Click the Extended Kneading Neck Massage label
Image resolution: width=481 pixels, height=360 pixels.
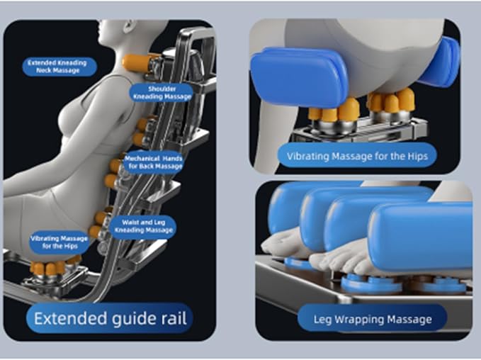point(60,67)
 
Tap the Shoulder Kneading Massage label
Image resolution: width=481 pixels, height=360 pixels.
point(162,93)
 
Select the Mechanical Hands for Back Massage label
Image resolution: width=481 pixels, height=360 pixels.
point(154,162)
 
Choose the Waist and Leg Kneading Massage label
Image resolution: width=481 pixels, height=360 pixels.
point(143,226)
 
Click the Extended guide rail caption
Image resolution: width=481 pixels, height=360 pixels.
point(110,318)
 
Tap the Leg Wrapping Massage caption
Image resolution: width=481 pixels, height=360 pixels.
point(372,319)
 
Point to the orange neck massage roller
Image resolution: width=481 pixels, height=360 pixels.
point(137,63)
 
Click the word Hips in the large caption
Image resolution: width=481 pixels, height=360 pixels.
point(417,156)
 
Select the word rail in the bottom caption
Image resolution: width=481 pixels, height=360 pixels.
point(175,318)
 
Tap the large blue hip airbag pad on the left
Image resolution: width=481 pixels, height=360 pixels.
point(298,77)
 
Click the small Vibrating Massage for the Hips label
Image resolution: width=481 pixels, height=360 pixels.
point(60,242)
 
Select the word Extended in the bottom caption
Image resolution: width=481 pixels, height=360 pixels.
point(70,318)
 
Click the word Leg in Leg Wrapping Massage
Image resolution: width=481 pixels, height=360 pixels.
point(322,320)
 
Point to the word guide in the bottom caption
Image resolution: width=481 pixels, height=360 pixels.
point(135,319)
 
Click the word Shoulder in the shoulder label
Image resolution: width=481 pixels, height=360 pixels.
point(162,89)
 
